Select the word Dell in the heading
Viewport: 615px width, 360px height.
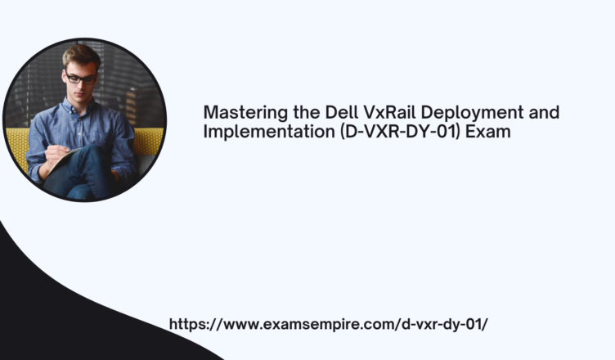point(342,112)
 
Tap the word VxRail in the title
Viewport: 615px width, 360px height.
point(389,112)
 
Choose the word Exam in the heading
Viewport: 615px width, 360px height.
point(488,132)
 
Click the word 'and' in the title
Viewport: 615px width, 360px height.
point(544,112)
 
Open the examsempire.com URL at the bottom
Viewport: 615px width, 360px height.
point(328,324)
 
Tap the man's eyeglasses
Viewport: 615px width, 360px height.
point(80,79)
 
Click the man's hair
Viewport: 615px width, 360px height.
point(81,56)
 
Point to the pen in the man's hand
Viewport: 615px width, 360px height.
point(58,146)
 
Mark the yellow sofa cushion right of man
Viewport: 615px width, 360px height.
point(148,142)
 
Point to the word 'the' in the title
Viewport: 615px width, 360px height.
point(307,112)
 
